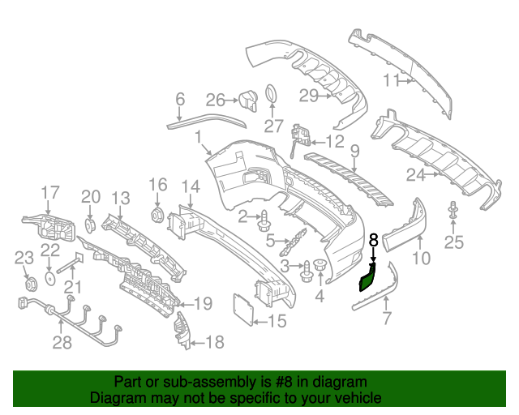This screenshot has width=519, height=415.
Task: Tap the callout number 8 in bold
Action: coord(373,240)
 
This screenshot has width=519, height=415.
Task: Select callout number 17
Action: coord(50,192)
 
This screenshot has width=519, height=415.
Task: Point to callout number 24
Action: coord(416,174)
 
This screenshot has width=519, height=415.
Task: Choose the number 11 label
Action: coord(392,79)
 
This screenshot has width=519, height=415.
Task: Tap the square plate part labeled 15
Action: coord(242,307)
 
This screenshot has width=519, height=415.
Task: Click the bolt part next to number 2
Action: coord(264,217)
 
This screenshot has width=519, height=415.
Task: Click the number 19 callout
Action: coord(202,304)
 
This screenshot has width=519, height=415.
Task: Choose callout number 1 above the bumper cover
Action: coord(197,140)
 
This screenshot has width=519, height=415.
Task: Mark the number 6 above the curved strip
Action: coord(180,100)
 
